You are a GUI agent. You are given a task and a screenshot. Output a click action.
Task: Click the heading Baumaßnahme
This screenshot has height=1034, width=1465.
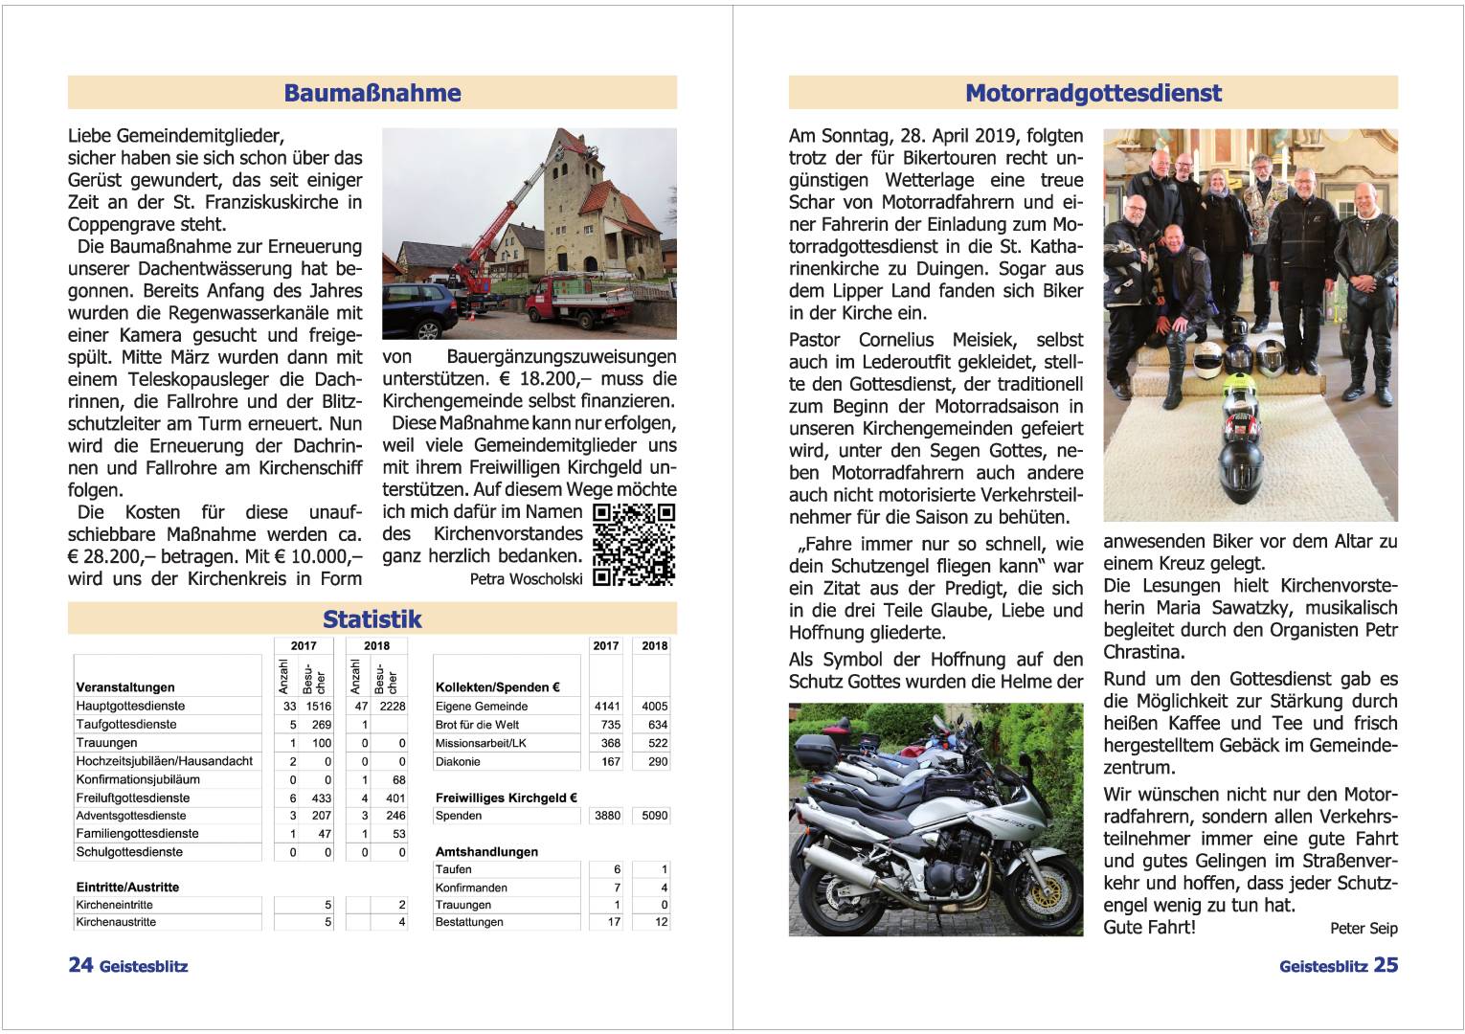click(372, 93)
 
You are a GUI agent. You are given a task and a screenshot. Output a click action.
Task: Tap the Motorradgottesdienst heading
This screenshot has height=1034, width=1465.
click(1093, 93)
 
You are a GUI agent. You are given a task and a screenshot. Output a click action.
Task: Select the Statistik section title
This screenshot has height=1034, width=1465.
click(372, 618)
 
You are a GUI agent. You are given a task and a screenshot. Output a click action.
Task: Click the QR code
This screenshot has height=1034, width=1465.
click(634, 544)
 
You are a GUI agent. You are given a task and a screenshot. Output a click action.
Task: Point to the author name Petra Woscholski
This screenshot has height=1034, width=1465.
click(526, 579)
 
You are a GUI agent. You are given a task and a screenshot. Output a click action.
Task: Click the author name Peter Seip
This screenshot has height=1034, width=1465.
click(1364, 928)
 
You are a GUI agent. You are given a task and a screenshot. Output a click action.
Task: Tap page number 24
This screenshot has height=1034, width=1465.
click(80, 965)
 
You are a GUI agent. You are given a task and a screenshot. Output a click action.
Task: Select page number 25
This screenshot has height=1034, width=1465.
click(1386, 965)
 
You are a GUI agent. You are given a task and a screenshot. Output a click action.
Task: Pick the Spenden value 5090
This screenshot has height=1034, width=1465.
click(655, 816)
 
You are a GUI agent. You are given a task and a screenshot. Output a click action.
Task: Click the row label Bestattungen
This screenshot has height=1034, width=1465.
click(469, 922)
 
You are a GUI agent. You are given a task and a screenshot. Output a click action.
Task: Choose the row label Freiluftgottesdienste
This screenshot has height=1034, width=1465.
click(133, 798)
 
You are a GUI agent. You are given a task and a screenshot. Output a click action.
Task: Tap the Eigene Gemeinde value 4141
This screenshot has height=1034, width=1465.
click(606, 707)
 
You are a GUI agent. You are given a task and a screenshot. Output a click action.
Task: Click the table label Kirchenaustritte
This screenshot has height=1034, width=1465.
click(116, 922)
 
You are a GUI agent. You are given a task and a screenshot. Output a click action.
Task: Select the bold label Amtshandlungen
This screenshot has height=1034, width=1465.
click(486, 851)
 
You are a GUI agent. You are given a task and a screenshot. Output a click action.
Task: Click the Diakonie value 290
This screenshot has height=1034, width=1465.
click(657, 762)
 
